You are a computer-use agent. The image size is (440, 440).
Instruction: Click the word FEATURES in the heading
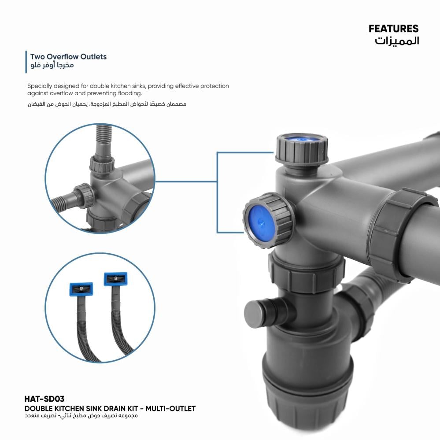click(x=393, y=29)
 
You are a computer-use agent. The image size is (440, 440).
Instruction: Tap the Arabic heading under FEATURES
click(x=397, y=41)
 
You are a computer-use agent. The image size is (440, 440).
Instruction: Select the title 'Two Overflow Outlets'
click(x=68, y=57)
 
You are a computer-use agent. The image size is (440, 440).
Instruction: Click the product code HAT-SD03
click(x=44, y=399)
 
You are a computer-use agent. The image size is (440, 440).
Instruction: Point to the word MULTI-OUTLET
click(x=170, y=409)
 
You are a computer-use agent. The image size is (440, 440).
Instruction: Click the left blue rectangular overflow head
click(x=81, y=289)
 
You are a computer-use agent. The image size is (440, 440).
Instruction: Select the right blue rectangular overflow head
click(x=115, y=279)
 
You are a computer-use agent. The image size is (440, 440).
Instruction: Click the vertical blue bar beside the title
click(x=26, y=62)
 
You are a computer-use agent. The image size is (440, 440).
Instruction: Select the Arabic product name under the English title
click(x=81, y=416)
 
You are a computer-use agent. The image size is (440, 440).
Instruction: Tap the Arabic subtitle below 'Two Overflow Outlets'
click(x=52, y=65)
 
